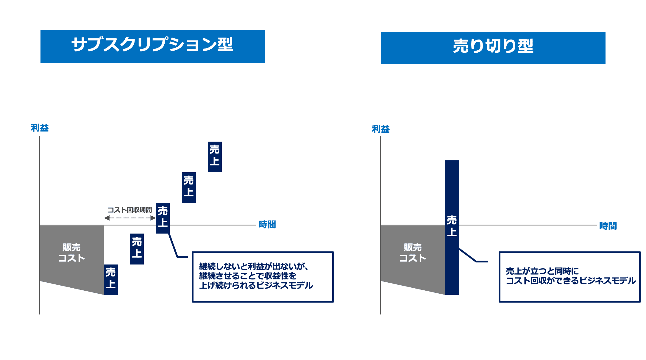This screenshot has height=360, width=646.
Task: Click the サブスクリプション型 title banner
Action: [x=152, y=46]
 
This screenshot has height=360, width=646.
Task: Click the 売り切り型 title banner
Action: [x=493, y=48]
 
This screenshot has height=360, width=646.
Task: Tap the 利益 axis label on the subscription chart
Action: [x=40, y=128]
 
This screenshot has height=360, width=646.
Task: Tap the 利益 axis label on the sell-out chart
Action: [x=381, y=129]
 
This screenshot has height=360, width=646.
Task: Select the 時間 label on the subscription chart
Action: [x=267, y=225]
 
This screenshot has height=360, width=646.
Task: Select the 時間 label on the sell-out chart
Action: [x=608, y=226]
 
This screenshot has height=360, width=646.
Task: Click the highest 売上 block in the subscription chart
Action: [x=215, y=157]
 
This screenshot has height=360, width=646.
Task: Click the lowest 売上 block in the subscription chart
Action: [x=111, y=280]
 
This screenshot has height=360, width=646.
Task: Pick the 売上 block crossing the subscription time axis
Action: [x=163, y=218]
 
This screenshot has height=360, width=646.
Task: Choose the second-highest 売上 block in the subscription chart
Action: [x=189, y=187]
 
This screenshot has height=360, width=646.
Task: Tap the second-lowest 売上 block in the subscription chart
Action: [x=137, y=249]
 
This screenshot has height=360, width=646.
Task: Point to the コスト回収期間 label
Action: [x=130, y=210]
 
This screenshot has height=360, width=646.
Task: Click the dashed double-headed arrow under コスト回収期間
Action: [x=130, y=218]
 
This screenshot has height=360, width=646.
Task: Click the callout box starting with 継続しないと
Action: [x=263, y=277]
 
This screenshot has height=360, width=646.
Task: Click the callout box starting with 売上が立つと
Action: [x=569, y=277]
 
